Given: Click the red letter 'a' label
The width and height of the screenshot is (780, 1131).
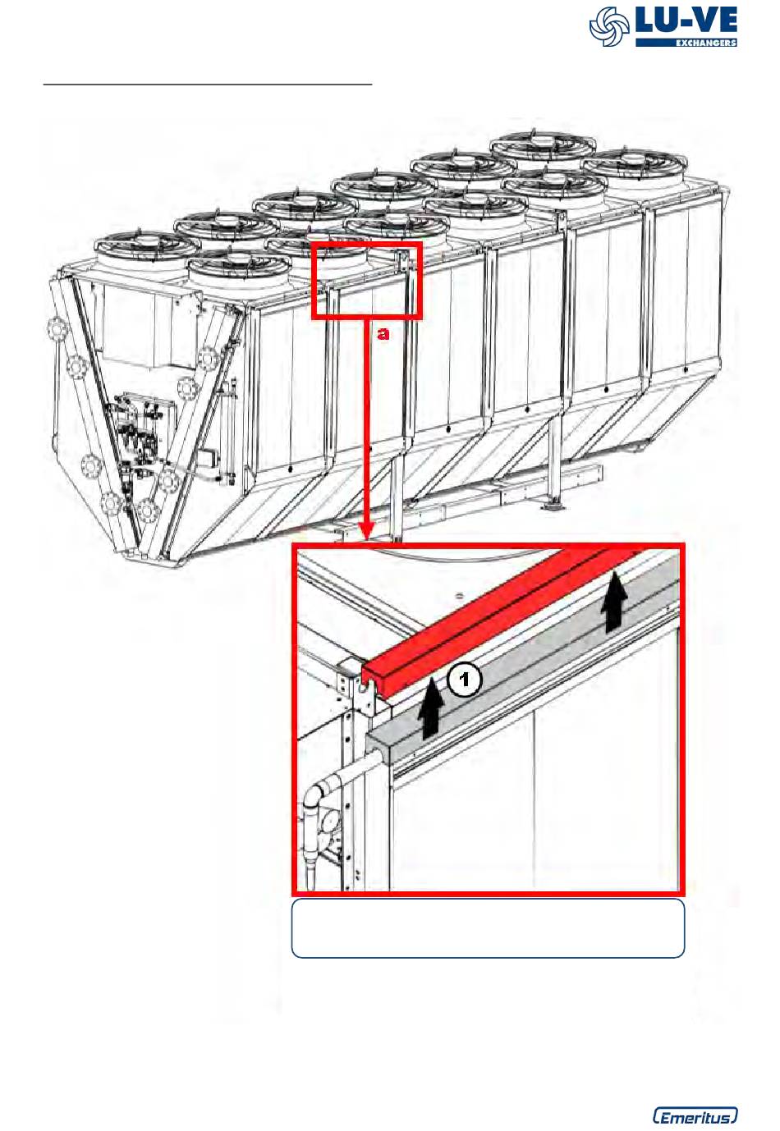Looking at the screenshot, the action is (x=384, y=333).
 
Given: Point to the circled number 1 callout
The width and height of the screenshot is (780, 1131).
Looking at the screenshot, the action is (x=464, y=680).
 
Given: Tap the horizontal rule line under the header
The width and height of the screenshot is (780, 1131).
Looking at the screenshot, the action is (x=208, y=85).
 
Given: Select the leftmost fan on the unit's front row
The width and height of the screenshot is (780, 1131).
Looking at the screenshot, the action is (x=144, y=247).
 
